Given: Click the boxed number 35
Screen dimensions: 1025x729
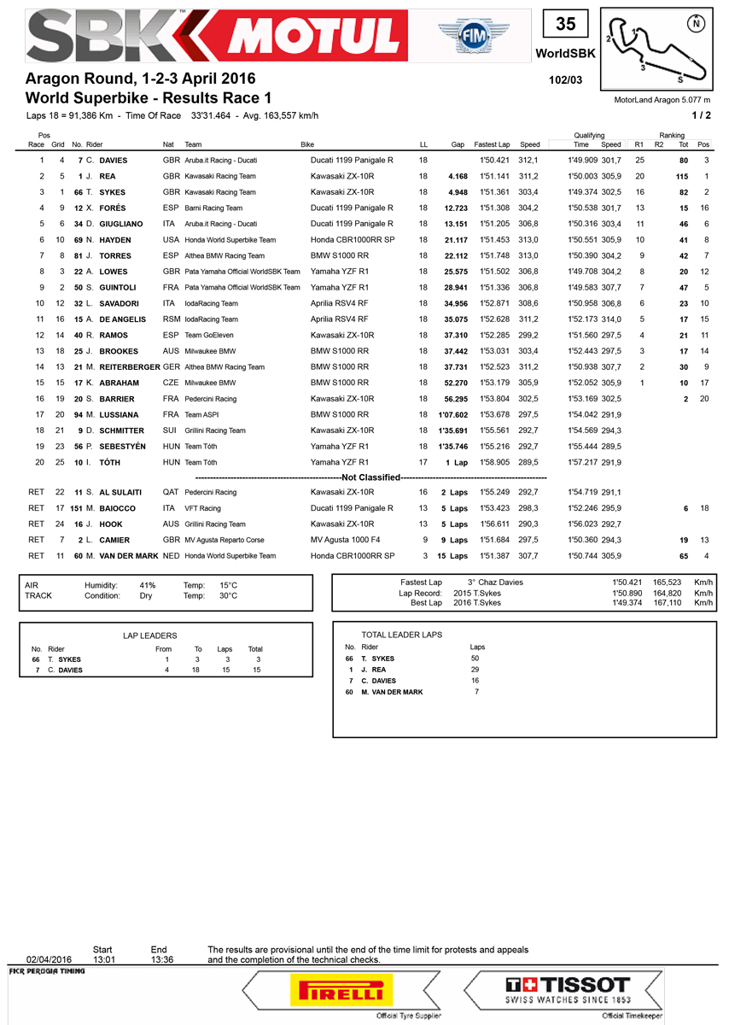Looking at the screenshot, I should coord(565,25).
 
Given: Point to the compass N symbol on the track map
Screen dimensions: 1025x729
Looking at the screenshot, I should coord(697,23).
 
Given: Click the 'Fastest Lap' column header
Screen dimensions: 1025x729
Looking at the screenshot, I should coord(492,144).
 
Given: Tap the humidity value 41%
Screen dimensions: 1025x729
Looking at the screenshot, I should coord(147,584).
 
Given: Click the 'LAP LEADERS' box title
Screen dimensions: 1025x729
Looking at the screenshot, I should coord(149,636).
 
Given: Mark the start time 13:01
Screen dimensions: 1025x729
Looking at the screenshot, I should coord(102,958).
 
